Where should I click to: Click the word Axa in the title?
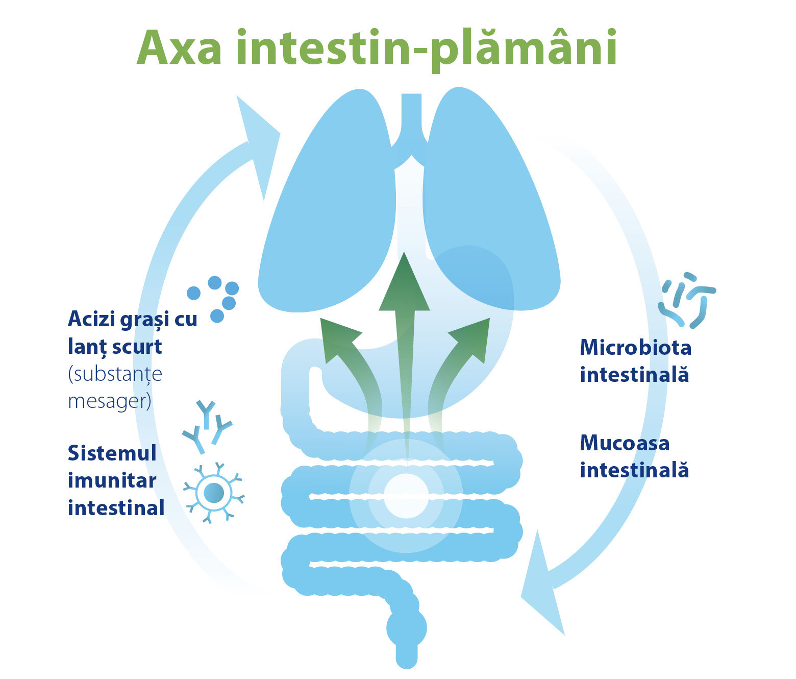point(180,48)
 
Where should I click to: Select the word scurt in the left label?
point(137,347)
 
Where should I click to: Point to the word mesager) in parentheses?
point(109,401)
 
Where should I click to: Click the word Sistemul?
point(112,453)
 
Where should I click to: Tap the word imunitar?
point(112,480)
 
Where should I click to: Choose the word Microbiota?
point(636,347)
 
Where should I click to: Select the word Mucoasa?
point(625,443)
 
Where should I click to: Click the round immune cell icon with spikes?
point(214,493)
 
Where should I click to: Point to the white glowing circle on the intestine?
point(406,496)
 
